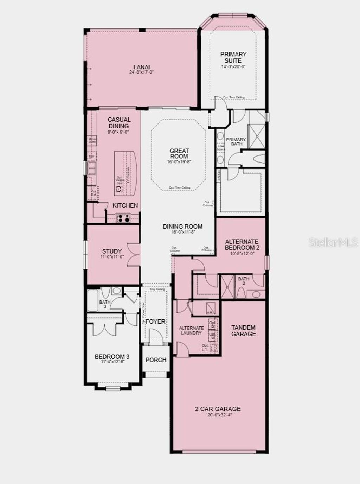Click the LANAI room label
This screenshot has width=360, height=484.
coord(141,67)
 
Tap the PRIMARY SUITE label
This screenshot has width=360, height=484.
coord(233,57)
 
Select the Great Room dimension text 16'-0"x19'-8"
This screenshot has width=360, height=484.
coord(179,162)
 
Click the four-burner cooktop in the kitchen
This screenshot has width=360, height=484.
coord(123,218)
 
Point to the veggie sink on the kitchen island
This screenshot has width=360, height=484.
coord(119,189)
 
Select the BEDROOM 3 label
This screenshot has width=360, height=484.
coord(112,357)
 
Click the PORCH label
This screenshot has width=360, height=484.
coord(156,360)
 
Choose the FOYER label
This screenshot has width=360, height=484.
coord(155,321)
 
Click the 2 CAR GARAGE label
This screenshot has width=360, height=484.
coord(218,409)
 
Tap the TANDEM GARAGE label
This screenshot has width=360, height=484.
coord(243,331)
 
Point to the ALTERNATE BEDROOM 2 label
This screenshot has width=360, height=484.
coord(242,244)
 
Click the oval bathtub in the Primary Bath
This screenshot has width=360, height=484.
coord(258,159)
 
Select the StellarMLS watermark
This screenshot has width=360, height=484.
coord(333,242)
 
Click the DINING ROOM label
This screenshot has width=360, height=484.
coord(182,226)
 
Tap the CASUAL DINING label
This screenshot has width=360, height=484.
coord(119,123)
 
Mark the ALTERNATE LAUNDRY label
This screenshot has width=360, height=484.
coord(191,330)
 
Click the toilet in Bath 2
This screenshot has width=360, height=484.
coord(242,292)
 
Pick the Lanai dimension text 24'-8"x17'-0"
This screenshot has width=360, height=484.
coord(141,72)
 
